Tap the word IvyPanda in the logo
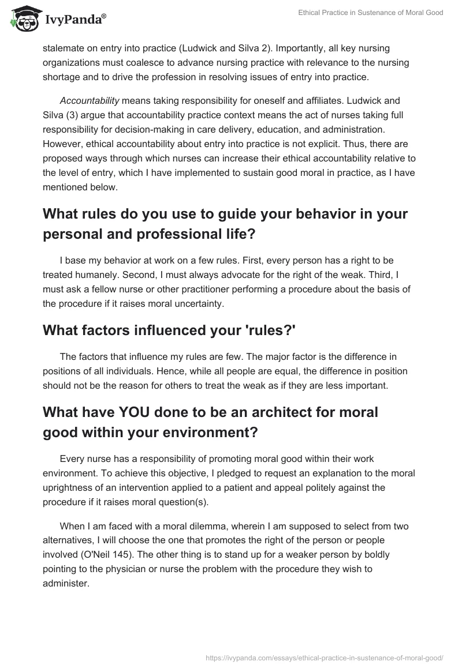coord(75,20)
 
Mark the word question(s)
coord(176,501)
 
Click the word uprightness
coord(69,487)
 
